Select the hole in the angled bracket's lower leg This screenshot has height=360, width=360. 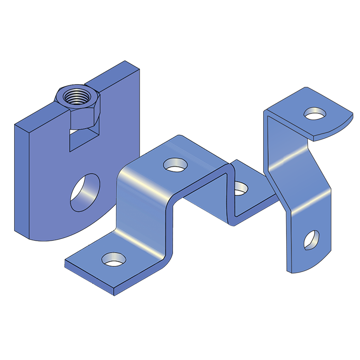(x=311, y=239)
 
